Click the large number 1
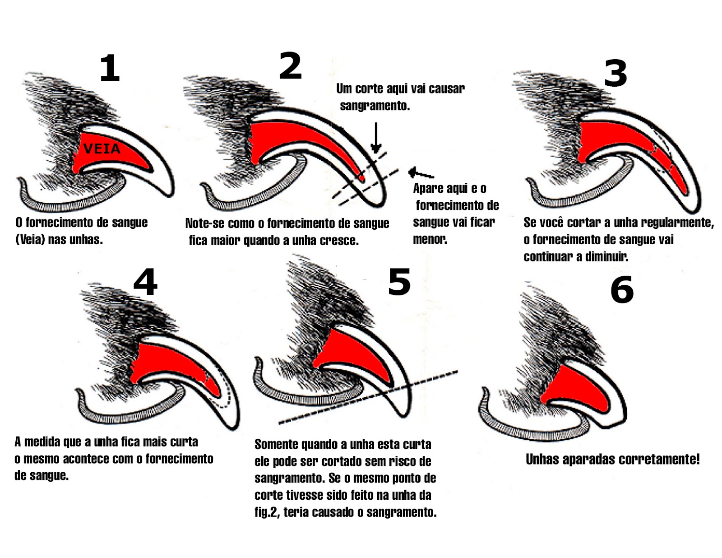pyautogui.click(x=110, y=68)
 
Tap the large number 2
pyautogui.click(x=290, y=66)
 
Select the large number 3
pyautogui.click(x=616, y=73)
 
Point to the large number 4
pyautogui.click(x=145, y=282)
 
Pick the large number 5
pyautogui.click(x=399, y=282)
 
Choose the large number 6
pyautogui.click(x=622, y=290)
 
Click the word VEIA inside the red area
pyautogui.click(x=102, y=149)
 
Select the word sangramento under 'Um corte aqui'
pyautogui.click(x=375, y=106)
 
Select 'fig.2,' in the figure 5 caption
pyautogui.click(x=268, y=513)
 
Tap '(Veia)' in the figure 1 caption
pyautogui.click(x=30, y=240)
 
